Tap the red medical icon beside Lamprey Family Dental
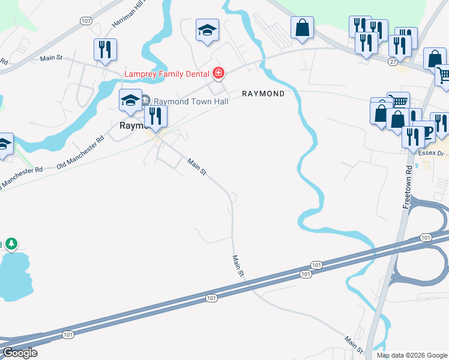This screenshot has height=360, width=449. click(218, 74)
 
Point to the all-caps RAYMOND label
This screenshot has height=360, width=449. click(262, 94)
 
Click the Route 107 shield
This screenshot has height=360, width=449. click(86, 21)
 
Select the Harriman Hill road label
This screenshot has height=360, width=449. click(128, 16)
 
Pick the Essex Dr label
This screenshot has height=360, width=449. click(432, 153)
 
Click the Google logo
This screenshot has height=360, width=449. click(19, 353)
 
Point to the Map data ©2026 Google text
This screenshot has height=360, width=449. click(411, 355)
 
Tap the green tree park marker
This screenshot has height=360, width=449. click(11, 244)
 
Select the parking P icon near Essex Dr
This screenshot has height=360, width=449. click(427, 132)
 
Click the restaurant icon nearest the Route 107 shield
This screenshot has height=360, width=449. click(105, 50)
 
